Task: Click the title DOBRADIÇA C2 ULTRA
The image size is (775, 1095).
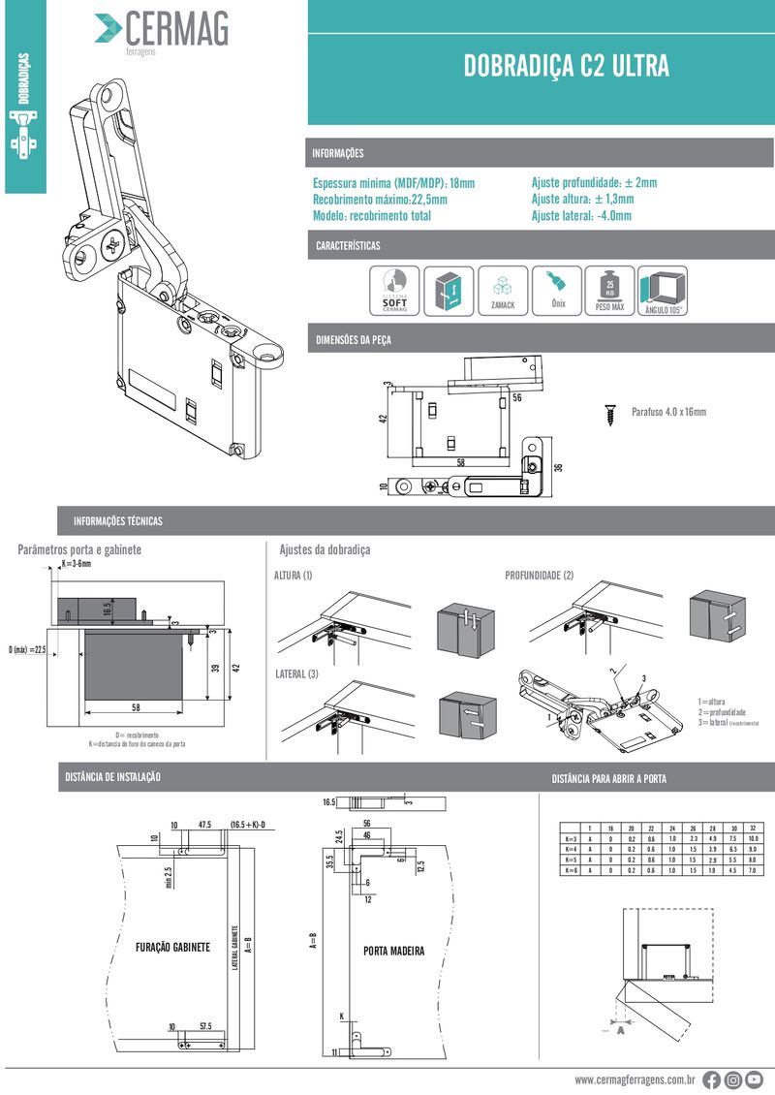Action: tap(566, 66)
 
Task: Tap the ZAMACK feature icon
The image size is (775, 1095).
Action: tap(503, 291)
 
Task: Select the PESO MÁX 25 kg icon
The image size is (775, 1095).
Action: tap(609, 291)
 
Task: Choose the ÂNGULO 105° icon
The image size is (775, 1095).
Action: tap(664, 291)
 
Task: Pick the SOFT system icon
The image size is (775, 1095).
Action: tap(394, 291)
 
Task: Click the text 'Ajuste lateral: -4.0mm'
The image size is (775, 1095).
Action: tap(581, 216)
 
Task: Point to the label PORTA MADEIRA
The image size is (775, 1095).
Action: tap(393, 951)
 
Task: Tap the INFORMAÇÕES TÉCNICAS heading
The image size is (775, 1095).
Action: tap(118, 521)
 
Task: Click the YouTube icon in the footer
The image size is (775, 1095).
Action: tap(755, 1079)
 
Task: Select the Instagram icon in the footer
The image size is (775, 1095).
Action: tap(733, 1079)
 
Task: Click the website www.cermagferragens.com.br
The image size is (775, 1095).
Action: tap(635, 1079)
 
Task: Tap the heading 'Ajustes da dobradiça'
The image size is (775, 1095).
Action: tap(325, 549)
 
